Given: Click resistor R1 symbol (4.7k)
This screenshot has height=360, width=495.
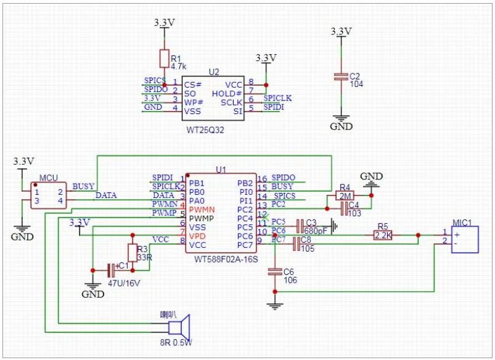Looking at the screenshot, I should click(164, 59).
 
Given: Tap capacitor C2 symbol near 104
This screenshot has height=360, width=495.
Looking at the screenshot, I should click(340, 77).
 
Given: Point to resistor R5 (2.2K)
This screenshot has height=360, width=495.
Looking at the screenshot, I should click(383, 235).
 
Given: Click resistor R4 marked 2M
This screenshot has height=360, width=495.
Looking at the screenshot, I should click(345, 196).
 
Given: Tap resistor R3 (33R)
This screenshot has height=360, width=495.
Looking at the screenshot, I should click(132, 253).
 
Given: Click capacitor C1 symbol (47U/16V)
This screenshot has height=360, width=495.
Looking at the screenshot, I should click(112, 270).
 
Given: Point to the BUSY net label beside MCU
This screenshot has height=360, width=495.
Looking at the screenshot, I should click(83, 186).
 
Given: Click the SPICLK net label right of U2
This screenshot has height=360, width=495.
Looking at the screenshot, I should click(277, 98).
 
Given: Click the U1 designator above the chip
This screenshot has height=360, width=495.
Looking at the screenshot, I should click(221, 170).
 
